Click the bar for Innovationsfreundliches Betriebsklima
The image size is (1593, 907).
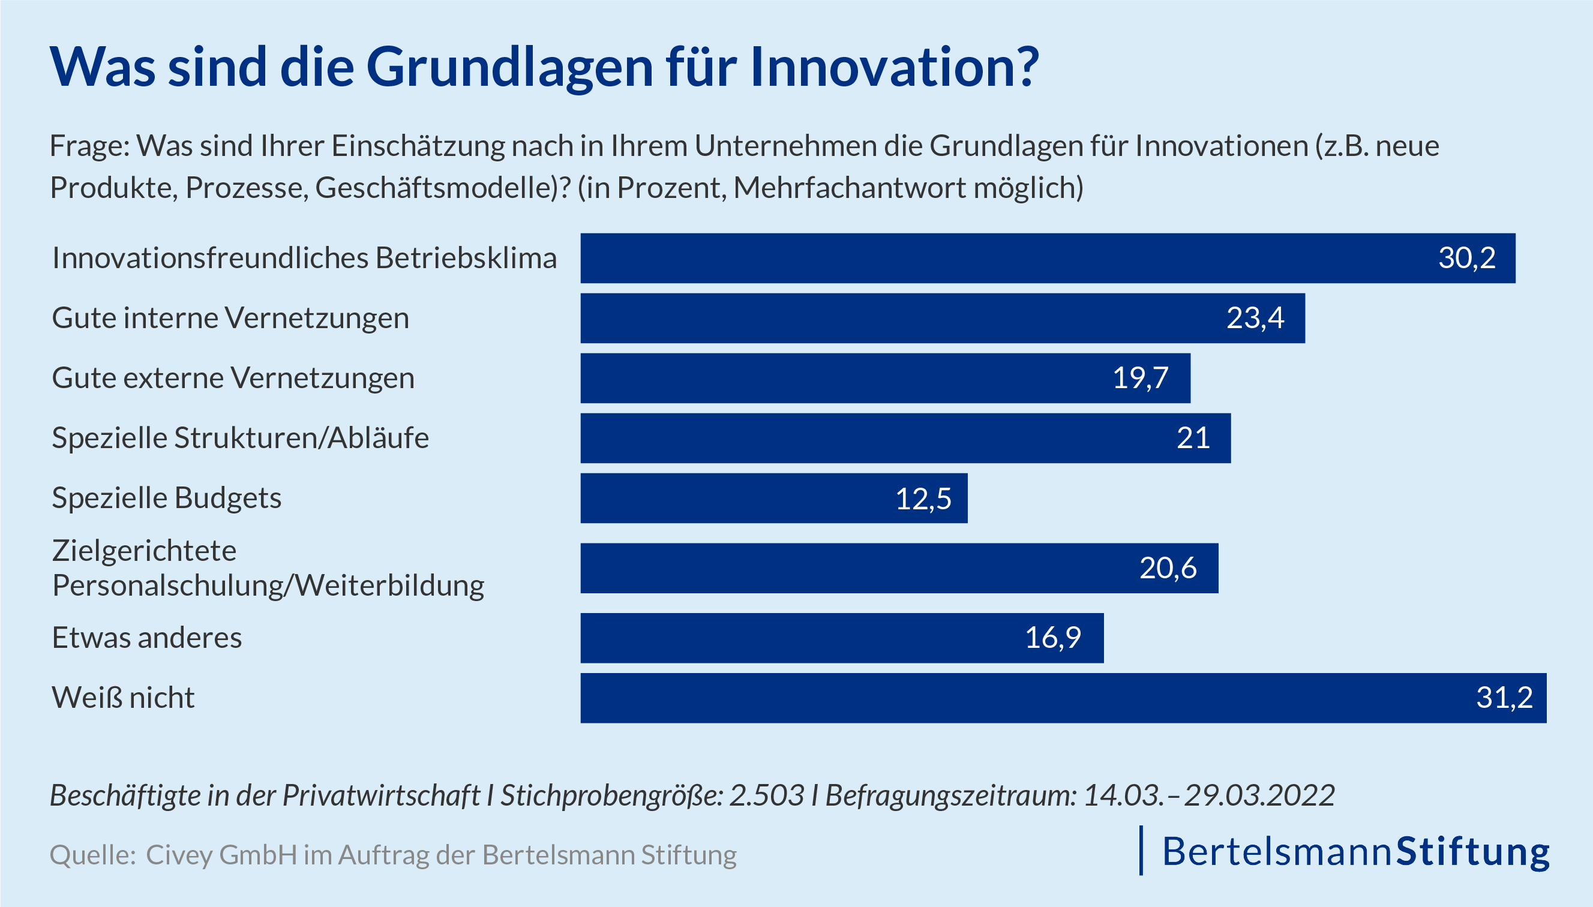point(1046,258)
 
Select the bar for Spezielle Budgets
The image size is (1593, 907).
point(773,498)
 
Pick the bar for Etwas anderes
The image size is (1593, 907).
point(841,638)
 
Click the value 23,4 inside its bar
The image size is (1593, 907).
point(1255,319)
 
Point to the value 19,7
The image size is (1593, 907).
point(1140,378)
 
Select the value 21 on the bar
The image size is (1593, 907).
point(1192,438)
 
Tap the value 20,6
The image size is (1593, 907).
point(1168,568)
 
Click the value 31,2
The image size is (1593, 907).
point(1504,698)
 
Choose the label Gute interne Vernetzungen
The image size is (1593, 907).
point(230,319)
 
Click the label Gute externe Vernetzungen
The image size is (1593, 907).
point(233,378)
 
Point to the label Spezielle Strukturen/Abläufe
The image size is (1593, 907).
point(241,438)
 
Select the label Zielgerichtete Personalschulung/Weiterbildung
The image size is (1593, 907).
point(268,568)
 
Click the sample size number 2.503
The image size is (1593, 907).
point(766,795)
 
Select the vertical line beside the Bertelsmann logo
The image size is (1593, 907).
point(1141,851)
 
